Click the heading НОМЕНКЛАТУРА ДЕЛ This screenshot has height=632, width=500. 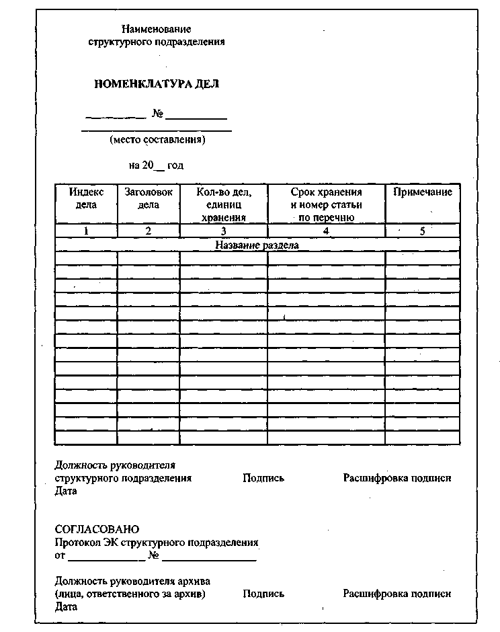point(156,85)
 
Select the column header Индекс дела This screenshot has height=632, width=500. point(87,198)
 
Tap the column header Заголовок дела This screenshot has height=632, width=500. point(149,198)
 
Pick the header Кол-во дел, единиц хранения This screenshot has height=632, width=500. point(224,204)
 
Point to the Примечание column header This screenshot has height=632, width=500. point(423,192)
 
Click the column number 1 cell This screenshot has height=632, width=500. point(87,231)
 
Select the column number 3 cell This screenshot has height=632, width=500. point(224,231)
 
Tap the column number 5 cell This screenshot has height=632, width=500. point(423,231)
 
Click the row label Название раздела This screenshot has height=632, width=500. point(257,245)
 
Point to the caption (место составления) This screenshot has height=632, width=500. point(157,140)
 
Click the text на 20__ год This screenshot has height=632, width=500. point(156,165)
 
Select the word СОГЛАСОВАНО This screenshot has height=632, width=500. point(97,529)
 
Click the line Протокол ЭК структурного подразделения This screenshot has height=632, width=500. point(156,542)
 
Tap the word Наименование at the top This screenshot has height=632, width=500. point(157,29)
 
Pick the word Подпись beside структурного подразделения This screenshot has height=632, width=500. point(263,478)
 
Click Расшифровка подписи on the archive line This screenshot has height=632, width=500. point(397,594)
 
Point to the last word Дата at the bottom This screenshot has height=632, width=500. point(66,606)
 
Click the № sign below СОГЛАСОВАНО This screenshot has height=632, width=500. point(153,556)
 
